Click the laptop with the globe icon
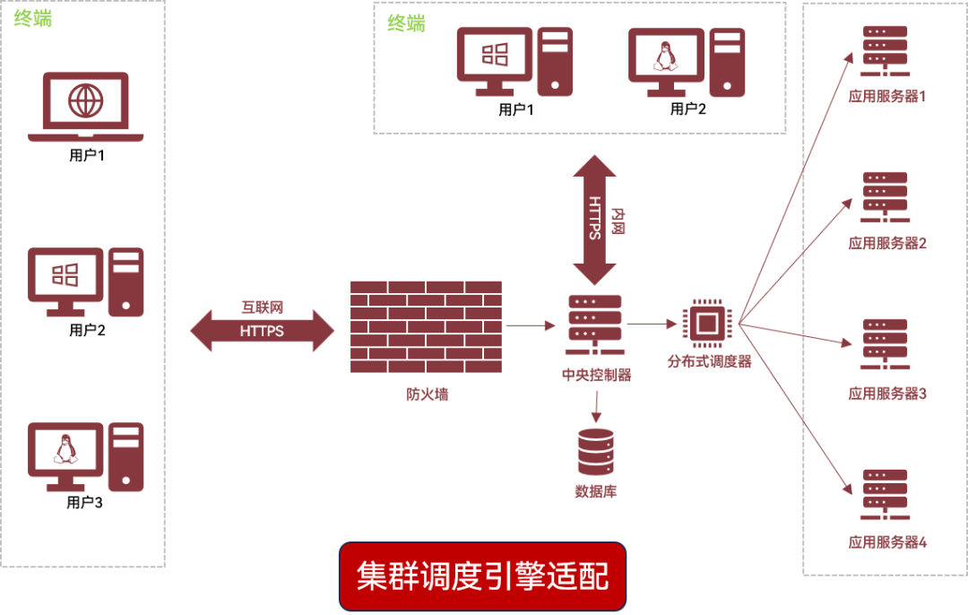(x=86, y=107)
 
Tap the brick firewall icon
(x=426, y=326)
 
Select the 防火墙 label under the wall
(x=427, y=394)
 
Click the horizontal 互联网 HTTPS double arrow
(x=262, y=330)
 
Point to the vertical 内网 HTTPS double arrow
(x=594, y=220)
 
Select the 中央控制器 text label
(x=596, y=375)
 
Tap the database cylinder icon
(x=596, y=452)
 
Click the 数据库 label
(x=596, y=490)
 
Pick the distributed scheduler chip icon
(x=707, y=323)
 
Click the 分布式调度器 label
(x=708, y=361)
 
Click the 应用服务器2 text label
(x=887, y=243)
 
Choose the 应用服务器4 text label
(x=887, y=542)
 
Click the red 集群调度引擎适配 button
(x=482, y=576)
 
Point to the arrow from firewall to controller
(x=531, y=326)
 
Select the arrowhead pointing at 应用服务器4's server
(x=847, y=488)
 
